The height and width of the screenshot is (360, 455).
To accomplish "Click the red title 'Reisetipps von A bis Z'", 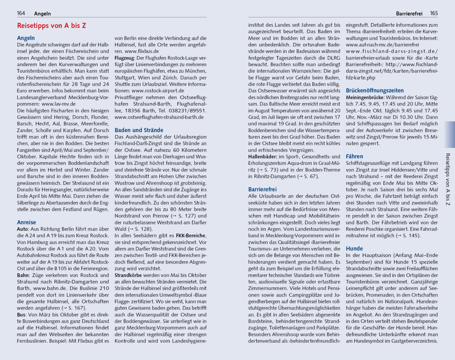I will (52, 26).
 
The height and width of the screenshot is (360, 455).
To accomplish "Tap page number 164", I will (21, 13).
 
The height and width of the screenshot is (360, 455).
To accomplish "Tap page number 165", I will (434, 13).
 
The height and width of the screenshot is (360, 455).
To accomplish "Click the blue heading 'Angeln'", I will (26, 38).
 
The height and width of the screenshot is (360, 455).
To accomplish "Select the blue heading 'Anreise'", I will (27, 222).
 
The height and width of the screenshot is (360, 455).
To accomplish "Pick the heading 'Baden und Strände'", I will (139, 130).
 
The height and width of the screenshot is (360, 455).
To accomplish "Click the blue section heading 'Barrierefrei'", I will (262, 189).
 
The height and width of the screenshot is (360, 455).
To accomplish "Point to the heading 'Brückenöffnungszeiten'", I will (375, 90).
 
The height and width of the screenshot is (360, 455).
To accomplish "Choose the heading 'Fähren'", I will (354, 156).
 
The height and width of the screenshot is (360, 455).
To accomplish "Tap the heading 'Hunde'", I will (354, 248).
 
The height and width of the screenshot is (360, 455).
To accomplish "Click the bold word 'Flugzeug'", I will (124, 58).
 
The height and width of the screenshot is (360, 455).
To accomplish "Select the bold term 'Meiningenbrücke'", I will (365, 98).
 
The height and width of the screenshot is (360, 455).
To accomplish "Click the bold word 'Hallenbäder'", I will (262, 157).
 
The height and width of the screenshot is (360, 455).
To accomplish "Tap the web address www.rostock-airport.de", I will (158, 91).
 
